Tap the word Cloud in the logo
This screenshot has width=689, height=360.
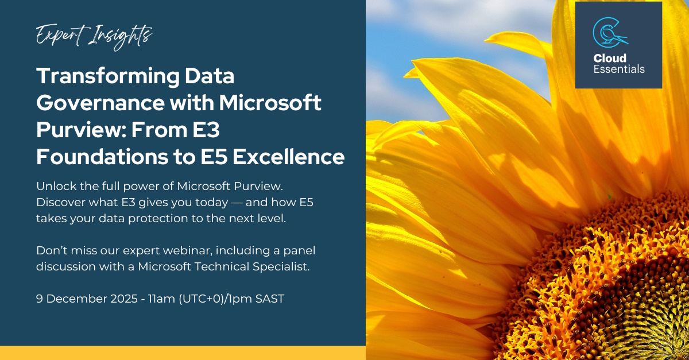pyautogui.click(x=610, y=58)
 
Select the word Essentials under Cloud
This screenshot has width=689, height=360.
pyautogui.click(x=619, y=69)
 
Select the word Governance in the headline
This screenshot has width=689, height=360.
pyautogui.click(x=100, y=103)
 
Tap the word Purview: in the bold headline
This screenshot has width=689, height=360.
pyautogui.click(x=81, y=130)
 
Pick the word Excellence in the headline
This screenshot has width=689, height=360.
pyautogui.click(x=288, y=157)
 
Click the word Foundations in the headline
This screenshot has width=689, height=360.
pyautogui.click(x=102, y=157)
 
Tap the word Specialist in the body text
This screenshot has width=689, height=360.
pyautogui.click(x=281, y=267)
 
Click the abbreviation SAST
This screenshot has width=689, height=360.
pyautogui.click(x=270, y=299)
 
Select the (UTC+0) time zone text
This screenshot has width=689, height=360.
pyautogui.click(x=201, y=299)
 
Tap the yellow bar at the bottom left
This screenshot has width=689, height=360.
pyautogui.click(x=183, y=353)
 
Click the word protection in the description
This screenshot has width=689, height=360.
pyautogui.click(x=158, y=219)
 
